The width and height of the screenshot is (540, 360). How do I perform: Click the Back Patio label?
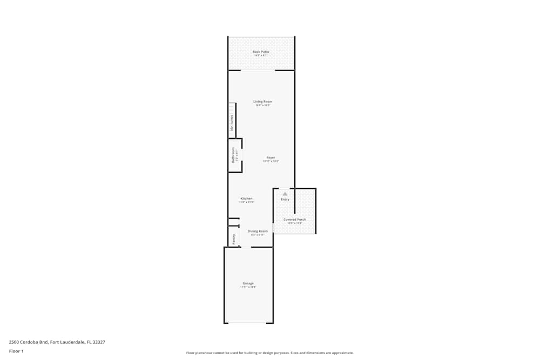[261, 52]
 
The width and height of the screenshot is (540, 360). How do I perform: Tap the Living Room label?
[263, 101]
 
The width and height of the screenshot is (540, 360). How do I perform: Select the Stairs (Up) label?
[232, 124]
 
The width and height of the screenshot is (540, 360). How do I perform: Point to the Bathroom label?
[233, 155]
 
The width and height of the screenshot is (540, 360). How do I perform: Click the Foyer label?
[271, 158]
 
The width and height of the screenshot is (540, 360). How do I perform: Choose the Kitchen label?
[246, 199]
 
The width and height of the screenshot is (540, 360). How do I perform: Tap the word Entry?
[285, 200]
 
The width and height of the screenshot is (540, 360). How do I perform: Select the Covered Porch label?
[295, 220]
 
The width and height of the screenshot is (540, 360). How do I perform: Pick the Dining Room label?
[258, 231]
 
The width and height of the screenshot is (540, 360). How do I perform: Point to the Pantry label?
[234, 239]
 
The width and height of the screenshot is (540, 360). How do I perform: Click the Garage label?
[248, 283]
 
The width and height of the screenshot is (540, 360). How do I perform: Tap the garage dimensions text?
[248, 287]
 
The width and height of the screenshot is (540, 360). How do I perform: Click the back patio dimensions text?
[261, 55]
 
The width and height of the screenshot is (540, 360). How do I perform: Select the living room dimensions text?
[263, 105]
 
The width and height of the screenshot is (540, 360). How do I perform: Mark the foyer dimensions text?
[271, 161]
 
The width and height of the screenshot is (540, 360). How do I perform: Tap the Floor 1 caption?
[16, 351]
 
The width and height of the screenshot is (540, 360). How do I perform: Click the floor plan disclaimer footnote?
[270, 352]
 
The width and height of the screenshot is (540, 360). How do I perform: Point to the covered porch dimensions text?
[295, 223]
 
